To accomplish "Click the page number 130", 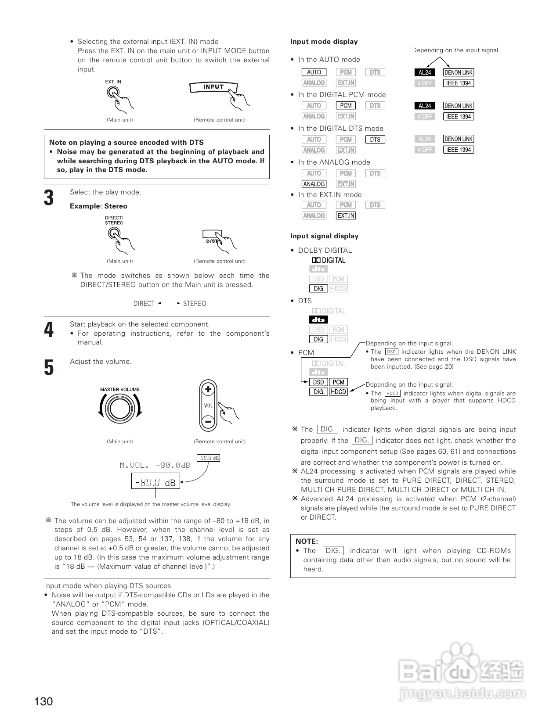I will [43, 701].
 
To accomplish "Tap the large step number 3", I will [49, 198].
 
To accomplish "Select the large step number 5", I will [49, 367].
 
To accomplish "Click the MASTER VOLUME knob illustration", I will [119, 409].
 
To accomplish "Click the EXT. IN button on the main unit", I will [113, 93].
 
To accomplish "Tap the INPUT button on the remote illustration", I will [213, 87].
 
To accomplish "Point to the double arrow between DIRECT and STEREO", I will [169, 303].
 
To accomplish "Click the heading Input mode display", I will [324, 42].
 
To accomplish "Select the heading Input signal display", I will [324, 236].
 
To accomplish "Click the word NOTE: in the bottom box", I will [307, 542].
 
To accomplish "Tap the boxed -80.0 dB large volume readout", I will [156, 482].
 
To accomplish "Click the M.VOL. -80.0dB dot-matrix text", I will [155, 465].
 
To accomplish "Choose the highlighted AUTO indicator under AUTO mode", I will [314, 72].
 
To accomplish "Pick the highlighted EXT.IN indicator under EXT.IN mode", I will [346, 215].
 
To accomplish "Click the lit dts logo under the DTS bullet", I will [318, 320].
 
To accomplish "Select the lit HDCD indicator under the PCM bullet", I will [338, 392].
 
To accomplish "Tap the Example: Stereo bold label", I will [98, 206].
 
